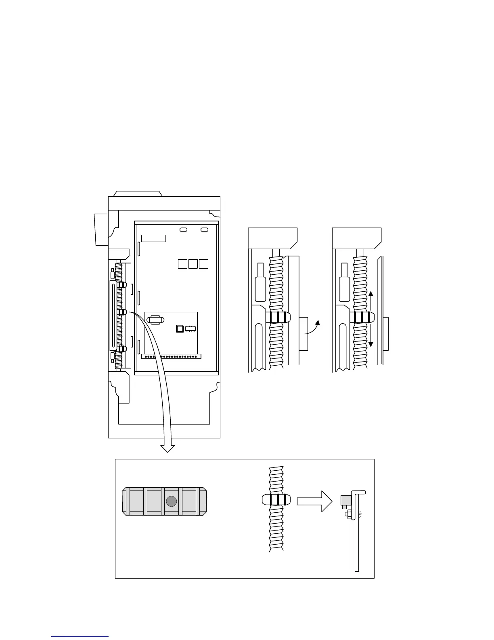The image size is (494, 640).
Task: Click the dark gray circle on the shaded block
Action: tap(172, 501)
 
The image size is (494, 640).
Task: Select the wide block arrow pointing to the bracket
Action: tap(314, 501)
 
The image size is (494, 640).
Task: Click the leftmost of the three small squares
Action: tap(182, 263)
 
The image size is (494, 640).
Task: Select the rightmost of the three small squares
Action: tap(203, 263)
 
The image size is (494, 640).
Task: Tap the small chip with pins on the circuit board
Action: tap(190, 328)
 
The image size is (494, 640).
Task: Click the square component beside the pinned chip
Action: tap(180, 328)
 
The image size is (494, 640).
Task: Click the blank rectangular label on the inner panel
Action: tap(153, 238)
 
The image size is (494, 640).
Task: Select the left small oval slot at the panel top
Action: tap(183, 229)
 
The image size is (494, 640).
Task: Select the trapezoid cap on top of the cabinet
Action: tap(138, 193)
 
